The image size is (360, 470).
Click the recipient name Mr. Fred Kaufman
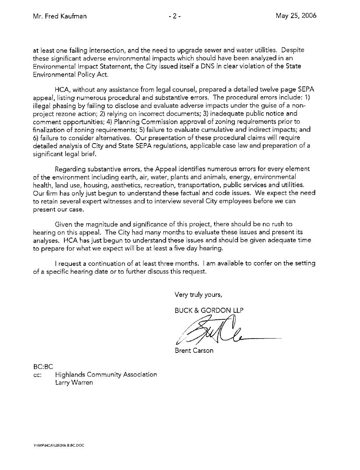59,16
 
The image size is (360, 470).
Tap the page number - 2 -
175,16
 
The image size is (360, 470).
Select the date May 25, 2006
296,16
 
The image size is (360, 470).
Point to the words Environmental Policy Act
70,74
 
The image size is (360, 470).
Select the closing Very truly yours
198,295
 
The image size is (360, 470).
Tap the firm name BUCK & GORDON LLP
209,310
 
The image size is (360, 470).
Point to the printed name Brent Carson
194,351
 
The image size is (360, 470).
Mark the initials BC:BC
43,366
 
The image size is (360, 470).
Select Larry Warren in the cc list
74,383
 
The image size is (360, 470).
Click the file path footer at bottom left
58,446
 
